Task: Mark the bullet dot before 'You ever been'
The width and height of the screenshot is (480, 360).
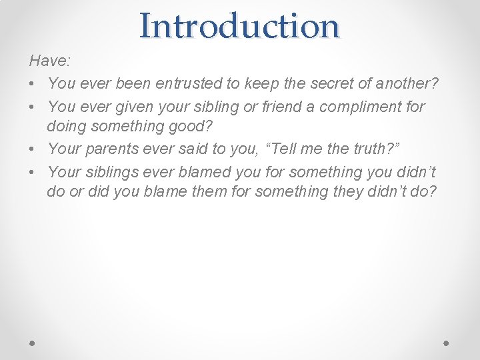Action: (x=33, y=84)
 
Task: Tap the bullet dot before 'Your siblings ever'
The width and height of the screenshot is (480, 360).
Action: (x=33, y=172)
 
